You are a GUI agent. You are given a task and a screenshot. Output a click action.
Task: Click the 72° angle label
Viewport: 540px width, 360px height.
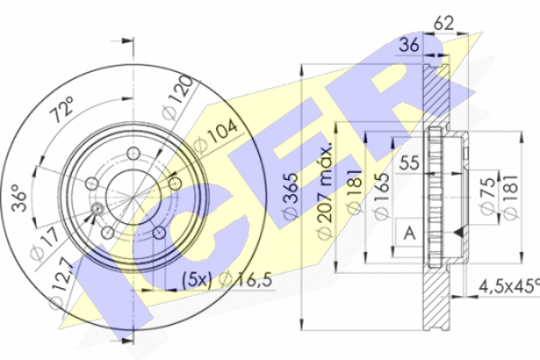[x=62, y=109]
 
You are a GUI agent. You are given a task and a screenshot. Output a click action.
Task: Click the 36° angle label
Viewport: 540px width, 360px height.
[x=19, y=197]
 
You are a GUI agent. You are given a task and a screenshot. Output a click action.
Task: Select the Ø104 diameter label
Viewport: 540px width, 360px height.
[x=216, y=135]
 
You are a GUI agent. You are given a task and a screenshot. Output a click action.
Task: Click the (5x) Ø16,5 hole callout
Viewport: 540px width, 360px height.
[x=228, y=280]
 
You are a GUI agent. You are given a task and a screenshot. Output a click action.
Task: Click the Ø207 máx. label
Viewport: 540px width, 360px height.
[x=325, y=191]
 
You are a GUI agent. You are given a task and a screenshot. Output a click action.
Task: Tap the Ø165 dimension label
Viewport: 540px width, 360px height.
[x=382, y=196]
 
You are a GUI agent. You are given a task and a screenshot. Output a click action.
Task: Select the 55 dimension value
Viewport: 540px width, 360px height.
[x=409, y=163]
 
